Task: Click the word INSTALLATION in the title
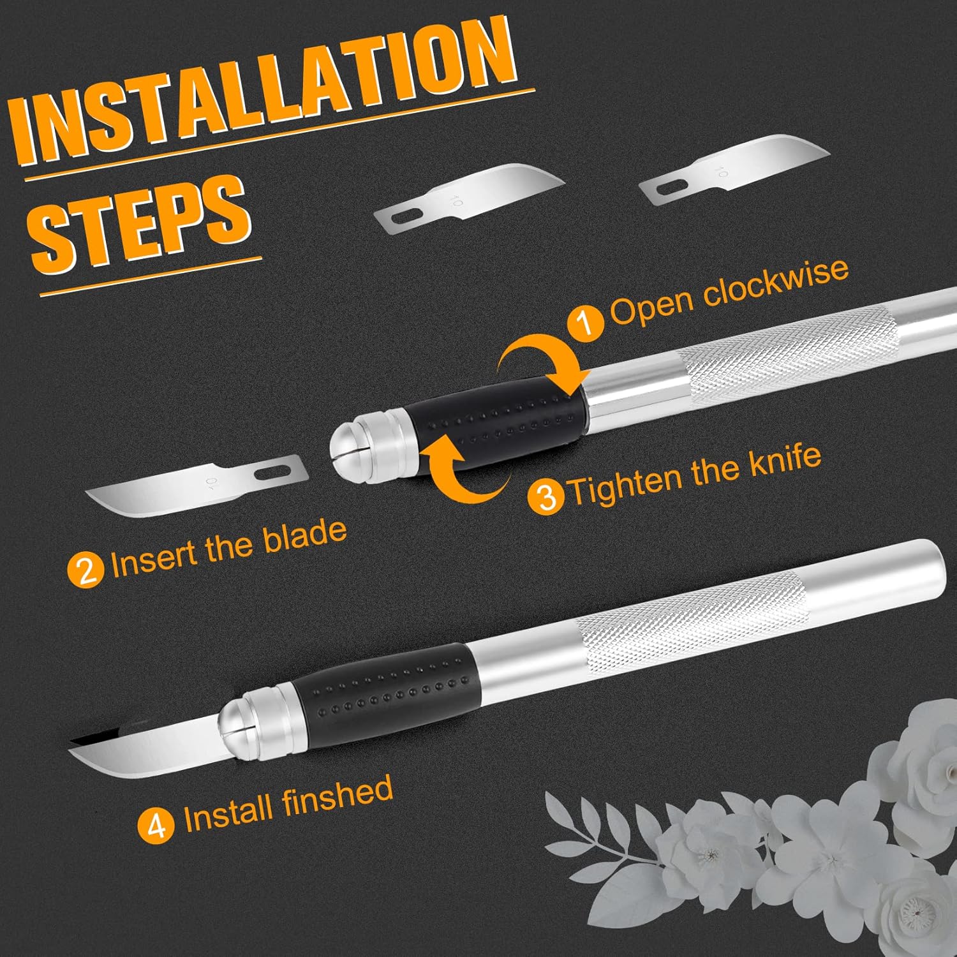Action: (x=268, y=96)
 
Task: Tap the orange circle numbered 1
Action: (x=586, y=320)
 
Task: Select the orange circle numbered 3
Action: (x=547, y=496)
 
